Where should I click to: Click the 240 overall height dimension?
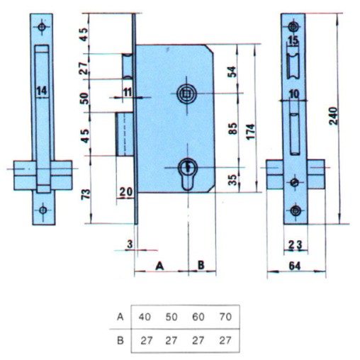click(x=334, y=116)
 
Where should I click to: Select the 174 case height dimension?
click(x=252, y=131)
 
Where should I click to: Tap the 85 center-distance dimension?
click(x=233, y=128)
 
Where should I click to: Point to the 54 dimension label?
click(x=232, y=72)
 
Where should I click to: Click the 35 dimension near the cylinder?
click(x=233, y=180)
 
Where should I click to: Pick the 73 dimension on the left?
click(x=86, y=194)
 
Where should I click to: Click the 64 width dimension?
click(x=295, y=266)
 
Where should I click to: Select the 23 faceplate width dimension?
click(x=296, y=244)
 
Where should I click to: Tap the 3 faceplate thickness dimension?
click(x=130, y=244)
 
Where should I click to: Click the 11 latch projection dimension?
click(x=128, y=92)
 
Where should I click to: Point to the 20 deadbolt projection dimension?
click(x=126, y=192)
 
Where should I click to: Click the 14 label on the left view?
click(x=42, y=91)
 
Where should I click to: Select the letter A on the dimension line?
click(x=159, y=266)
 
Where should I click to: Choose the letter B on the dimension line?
click(x=201, y=265)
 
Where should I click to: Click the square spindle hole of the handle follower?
click(x=186, y=94)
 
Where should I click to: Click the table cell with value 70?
click(x=225, y=317)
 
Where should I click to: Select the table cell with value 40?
click(x=145, y=317)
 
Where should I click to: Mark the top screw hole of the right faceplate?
click(x=293, y=26)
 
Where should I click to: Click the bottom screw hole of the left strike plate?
click(x=43, y=210)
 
